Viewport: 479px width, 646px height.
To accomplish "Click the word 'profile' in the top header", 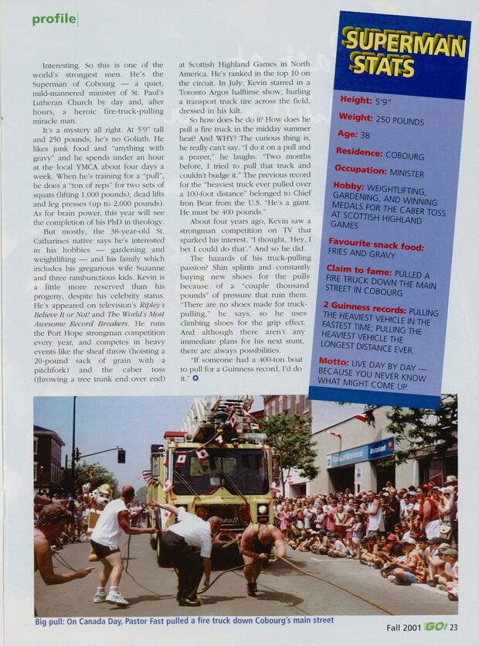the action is pos(54,19).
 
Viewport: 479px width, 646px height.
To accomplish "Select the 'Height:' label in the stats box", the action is pos(356,100).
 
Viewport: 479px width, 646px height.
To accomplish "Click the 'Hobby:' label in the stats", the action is pos(349,186).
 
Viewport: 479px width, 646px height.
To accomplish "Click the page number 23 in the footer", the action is pos(454,627).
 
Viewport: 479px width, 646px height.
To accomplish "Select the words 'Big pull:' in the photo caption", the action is pos(53,620).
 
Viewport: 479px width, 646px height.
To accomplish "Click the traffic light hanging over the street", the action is pos(121,456).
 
